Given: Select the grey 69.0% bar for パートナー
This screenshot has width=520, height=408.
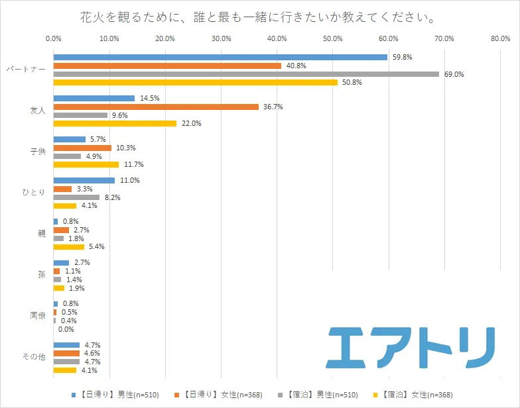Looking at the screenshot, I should pyautogui.click(x=245, y=74).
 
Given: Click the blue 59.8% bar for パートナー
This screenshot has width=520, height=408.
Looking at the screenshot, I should pyautogui.click(x=220, y=57).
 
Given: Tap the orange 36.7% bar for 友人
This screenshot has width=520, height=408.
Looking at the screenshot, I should pyautogui.click(x=155, y=107).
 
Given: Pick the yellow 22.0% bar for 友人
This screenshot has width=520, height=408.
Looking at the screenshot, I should pyautogui.click(x=114, y=123).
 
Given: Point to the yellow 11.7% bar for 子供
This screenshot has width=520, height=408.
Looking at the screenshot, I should pyautogui.click(x=86, y=164).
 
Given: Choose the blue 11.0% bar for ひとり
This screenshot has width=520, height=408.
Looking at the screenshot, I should pyautogui.click(x=84, y=180).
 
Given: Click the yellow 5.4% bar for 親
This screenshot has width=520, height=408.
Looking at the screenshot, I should pyautogui.click(x=68, y=246).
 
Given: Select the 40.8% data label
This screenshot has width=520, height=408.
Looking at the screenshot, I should pyautogui.click(x=296, y=66).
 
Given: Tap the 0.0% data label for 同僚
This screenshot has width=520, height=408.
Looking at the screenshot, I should pyautogui.click(x=66, y=329).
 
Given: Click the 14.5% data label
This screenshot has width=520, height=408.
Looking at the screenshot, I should pyautogui.click(x=149, y=98).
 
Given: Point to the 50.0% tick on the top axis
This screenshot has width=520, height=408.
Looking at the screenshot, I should pyautogui.click(x=332, y=38).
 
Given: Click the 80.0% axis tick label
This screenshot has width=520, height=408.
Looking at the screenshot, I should pyautogui.click(x=499, y=38).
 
